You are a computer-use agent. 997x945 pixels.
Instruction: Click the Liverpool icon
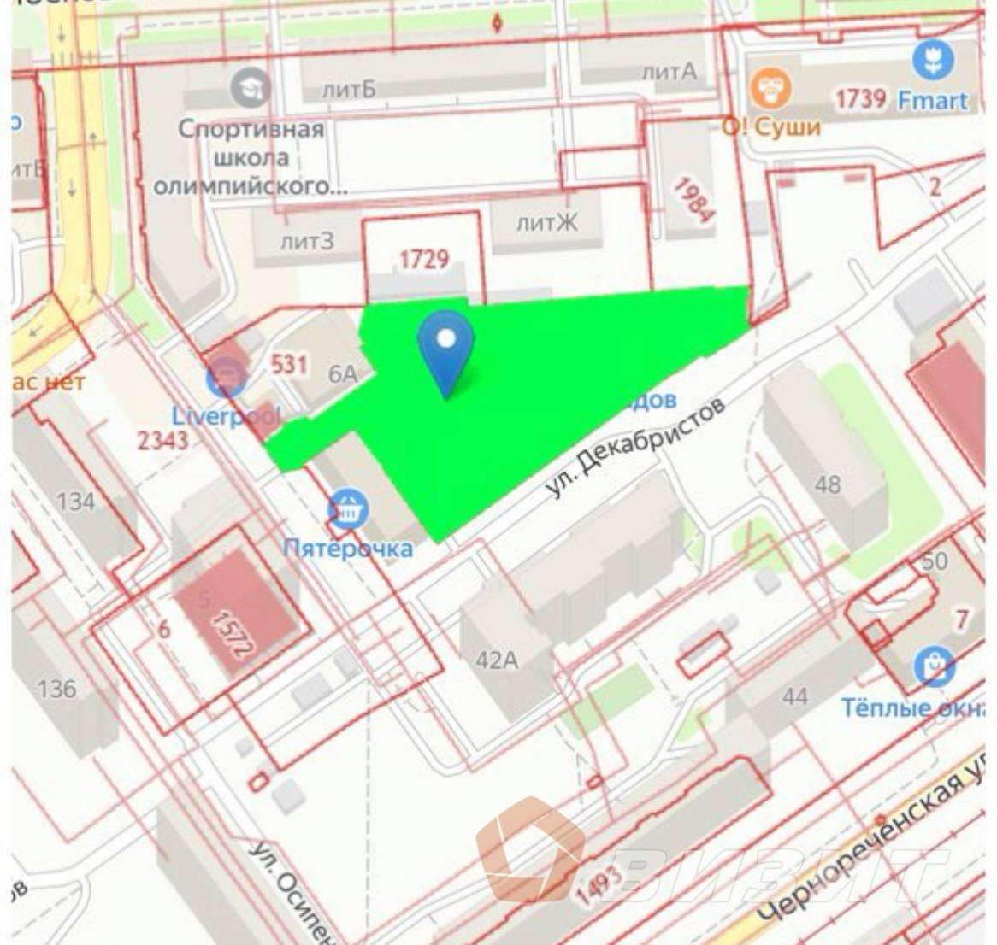(227, 379)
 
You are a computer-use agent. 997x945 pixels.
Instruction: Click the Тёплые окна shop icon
(935, 667)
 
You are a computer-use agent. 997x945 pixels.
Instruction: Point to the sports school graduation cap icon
(251, 88)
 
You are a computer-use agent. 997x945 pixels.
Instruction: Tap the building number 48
(827, 484)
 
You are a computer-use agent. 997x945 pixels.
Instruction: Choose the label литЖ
(547, 224)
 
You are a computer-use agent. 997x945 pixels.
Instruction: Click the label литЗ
(308, 242)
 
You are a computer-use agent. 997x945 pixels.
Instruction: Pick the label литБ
(349, 88)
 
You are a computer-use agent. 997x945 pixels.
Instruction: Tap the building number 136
(56, 688)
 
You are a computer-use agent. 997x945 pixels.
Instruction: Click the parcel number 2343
(163, 441)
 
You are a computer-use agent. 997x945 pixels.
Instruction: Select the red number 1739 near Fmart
(859, 99)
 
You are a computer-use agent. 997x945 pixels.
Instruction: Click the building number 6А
(343, 373)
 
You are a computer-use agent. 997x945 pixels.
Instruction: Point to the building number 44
(794, 696)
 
